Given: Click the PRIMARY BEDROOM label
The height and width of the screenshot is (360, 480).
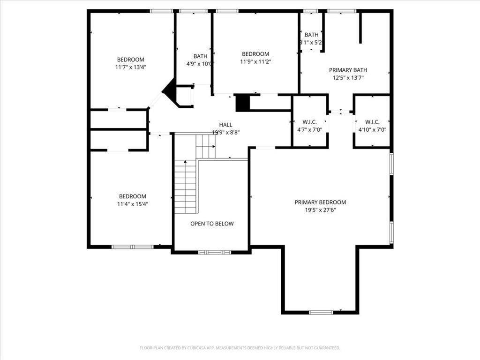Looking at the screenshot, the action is pyautogui.click(x=320, y=202).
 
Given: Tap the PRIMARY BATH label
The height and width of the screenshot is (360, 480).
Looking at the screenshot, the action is pyautogui.click(x=348, y=70).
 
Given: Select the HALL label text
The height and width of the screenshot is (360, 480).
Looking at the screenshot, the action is pyautogui.click(x=225, y=125).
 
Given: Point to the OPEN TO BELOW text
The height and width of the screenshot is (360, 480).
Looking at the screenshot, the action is pyautogui.click(x=212, y=224).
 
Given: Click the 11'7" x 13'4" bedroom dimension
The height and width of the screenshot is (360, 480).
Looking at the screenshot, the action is pyautogui.click(x=131, y=67).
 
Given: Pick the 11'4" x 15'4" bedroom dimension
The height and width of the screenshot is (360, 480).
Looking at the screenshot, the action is pyautogui.click(x=133, y=204).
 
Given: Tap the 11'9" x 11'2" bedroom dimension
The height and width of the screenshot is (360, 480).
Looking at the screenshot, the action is pyautogui.click(x=255, y=61).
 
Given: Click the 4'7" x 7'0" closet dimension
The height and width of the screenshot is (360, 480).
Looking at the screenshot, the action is pyautogui.click(x=309, y=129).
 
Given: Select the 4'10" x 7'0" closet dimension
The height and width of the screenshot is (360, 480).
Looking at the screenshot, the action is pyautogui.click(x=372, y=129).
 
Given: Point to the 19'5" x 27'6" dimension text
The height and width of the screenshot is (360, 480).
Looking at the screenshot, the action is pyautogui.click(x=321, y=210).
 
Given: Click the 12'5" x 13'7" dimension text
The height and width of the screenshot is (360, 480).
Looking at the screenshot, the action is pyautogui.click(x=348, y=78).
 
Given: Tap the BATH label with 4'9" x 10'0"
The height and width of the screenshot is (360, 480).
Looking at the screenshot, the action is pyautogui.click(x=200, y=56).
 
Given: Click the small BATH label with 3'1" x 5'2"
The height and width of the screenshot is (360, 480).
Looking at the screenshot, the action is pyautogui.click(x=311, y=35).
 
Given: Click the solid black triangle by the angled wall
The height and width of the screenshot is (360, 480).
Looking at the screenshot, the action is pyautogui.click(x=170, y=90).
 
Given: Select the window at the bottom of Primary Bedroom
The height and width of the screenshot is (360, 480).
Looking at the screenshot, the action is pyautogui.click(x=321, y=312).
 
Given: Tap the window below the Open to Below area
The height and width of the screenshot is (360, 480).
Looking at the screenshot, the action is pyautogui.click(x=214, y=252).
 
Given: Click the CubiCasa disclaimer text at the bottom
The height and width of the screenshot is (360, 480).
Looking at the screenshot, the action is pyautogui.click(x=240, y=348).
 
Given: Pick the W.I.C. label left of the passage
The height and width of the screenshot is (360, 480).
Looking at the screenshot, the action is pyautogui.click(x=309, y=122).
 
